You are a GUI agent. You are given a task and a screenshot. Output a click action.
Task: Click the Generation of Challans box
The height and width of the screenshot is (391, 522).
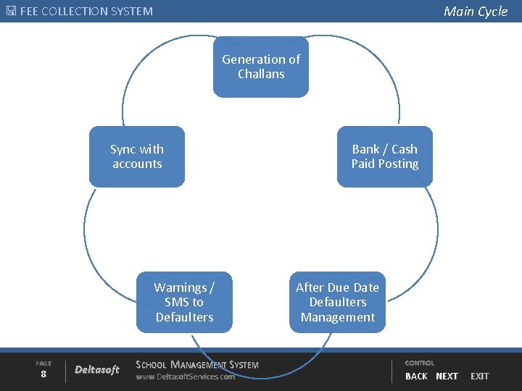point(260,67)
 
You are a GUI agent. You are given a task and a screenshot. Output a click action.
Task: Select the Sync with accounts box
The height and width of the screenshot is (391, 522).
point(137,156)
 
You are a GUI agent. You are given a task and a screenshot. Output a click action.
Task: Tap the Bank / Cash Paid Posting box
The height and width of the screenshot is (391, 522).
point(385,156)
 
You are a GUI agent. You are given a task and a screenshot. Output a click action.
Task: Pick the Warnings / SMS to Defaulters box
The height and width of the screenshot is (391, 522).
point(184,302)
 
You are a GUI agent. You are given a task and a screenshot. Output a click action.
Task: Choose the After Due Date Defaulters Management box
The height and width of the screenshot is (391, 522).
point(337,302)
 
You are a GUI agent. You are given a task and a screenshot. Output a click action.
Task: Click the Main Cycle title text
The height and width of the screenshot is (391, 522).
point(476,11)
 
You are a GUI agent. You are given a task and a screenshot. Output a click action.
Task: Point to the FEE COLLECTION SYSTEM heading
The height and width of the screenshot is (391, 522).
point(86,12)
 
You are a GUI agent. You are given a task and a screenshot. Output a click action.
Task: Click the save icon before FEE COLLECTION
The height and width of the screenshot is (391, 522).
point(10,12)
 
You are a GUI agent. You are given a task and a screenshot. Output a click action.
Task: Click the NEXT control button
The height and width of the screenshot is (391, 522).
point(447,376)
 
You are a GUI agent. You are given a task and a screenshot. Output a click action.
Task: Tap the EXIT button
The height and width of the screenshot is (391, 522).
point(480,376)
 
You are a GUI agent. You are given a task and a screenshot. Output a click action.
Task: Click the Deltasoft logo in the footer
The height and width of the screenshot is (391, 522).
point(97,370)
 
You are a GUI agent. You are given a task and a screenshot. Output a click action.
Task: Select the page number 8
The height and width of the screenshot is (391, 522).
point(43,374)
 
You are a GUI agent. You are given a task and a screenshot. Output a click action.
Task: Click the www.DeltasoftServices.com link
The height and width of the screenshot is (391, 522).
point(186,377)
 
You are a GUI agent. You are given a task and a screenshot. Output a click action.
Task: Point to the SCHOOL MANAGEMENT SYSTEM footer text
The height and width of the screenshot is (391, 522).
point(197,364)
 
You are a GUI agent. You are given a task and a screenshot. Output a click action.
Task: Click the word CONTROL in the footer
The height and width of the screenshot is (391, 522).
point(420,363)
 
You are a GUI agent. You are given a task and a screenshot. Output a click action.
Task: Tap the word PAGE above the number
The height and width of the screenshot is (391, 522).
point(43,363)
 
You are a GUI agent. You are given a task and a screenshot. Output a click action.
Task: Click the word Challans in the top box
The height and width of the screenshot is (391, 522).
point(261,74)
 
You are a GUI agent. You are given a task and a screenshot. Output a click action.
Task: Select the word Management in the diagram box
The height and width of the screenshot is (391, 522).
point(338,317)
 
